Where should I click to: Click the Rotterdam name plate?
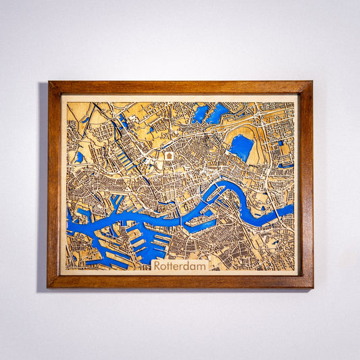point(180,265)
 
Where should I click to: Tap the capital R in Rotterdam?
point(157,265)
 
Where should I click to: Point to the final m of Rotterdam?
point(201,266)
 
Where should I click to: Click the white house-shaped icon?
point(169,156)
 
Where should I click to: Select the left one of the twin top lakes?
point(200,113)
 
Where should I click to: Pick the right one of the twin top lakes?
point(218,113)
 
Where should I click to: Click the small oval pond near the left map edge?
point(80,157)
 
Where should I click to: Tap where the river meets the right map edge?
point(292,209)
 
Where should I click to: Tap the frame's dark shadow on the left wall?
point(43,189)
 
